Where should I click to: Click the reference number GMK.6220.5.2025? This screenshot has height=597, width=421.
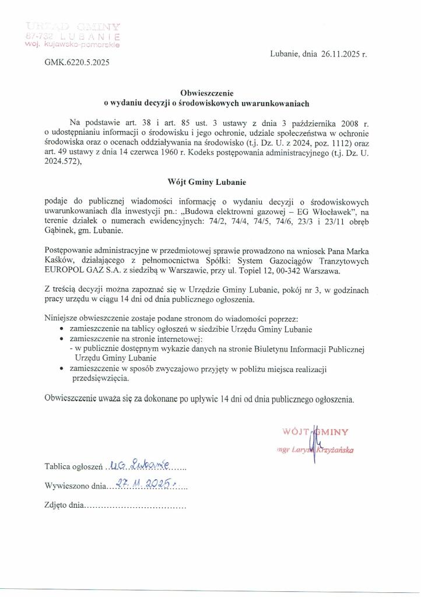click(x=76, y=61)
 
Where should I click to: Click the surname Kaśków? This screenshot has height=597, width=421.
click(x=59, y=261)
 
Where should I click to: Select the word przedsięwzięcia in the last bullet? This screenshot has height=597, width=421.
click(x=100, y=378)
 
